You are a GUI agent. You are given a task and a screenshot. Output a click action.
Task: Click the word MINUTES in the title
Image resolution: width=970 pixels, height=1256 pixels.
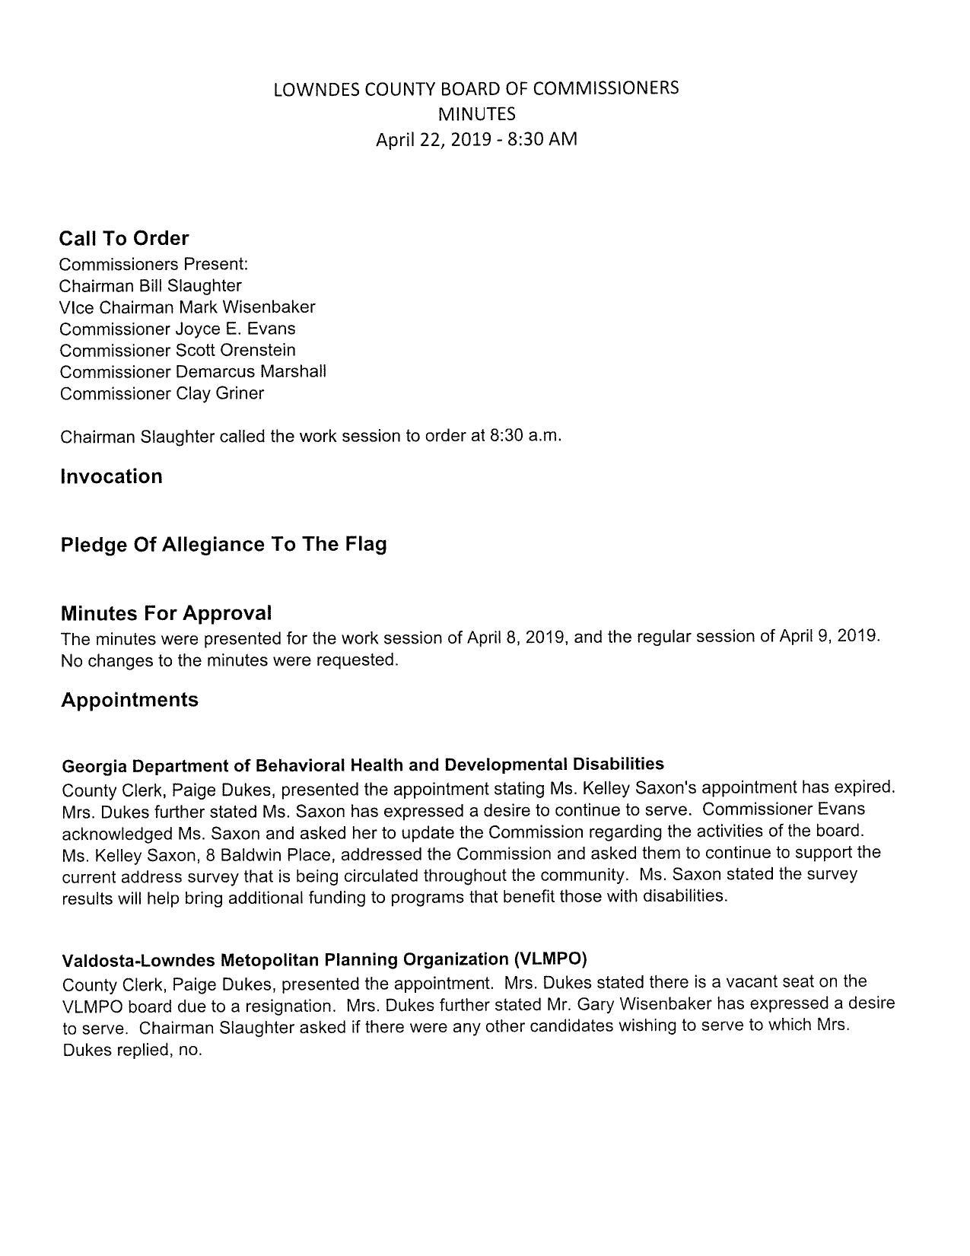coord(476,114)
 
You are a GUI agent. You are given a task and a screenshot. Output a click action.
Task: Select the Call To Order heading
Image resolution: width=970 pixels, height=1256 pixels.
coord(124,239)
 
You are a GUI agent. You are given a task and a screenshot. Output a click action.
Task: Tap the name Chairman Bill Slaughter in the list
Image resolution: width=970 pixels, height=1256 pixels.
coord(151,286)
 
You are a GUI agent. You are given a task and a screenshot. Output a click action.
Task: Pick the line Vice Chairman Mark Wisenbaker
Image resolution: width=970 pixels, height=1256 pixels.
coord(187,307)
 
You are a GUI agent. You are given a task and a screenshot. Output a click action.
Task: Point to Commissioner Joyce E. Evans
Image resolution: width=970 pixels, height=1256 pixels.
coord(177,329)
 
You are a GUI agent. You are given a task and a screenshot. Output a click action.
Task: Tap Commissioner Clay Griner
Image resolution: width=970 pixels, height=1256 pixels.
coord(162,394)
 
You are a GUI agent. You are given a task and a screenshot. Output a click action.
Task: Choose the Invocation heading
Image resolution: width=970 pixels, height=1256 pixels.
coord(111,477)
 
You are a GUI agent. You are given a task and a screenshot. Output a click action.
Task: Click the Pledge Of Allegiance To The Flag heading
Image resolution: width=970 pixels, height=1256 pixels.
coord(224,545)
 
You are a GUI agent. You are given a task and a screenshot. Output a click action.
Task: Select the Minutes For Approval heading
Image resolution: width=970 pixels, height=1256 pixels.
coord(166,613)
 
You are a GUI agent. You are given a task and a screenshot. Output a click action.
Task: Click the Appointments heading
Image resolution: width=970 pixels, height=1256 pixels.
coord(129,700)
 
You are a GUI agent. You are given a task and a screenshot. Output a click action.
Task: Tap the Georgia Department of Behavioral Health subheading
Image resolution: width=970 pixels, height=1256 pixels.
coord(362,765)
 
